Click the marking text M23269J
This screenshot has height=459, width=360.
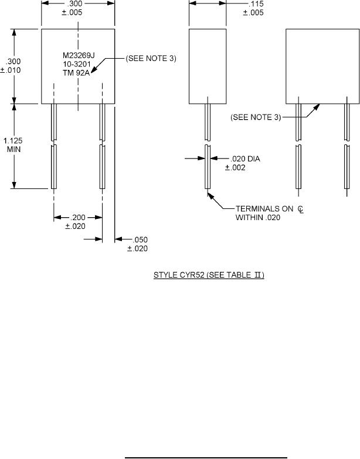click(x=79, y=55)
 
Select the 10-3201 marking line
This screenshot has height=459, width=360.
click(x=77, y=64)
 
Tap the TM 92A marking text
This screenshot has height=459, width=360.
click(x=76, y=73)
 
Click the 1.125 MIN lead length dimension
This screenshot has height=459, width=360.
click(x=13, y=145)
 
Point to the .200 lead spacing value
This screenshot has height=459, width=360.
click(x=78, y=218)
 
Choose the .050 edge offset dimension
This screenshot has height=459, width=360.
click(x=140, y=239)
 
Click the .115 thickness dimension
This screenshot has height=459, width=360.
click(x=256, y=4)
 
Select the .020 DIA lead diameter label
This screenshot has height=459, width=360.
click(x=245, y=159)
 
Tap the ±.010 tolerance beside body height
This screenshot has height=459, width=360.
click(x=11, y=70)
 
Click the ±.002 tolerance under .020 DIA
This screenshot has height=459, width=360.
click(x=235, y=168)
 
